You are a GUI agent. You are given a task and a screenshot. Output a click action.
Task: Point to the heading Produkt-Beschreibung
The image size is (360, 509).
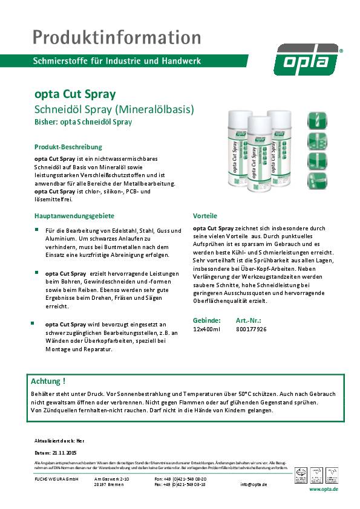(68, 147)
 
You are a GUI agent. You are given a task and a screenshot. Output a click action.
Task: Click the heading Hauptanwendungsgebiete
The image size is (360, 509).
(74, 216)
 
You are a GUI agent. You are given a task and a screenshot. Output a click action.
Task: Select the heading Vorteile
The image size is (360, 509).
(205, 216)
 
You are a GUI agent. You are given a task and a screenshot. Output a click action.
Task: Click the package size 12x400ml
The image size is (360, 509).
(206, 329)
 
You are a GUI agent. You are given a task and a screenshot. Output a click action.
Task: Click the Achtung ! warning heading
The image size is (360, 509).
(48, 381)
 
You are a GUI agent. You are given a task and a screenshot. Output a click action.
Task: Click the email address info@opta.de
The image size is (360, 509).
(254, 484)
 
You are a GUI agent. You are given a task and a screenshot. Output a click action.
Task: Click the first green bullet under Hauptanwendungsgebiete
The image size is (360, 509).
(37, 230)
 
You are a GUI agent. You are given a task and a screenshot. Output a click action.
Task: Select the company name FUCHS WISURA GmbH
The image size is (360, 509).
(54, 478)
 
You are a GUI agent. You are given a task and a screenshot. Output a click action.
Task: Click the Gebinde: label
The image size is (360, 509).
(206, 320)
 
